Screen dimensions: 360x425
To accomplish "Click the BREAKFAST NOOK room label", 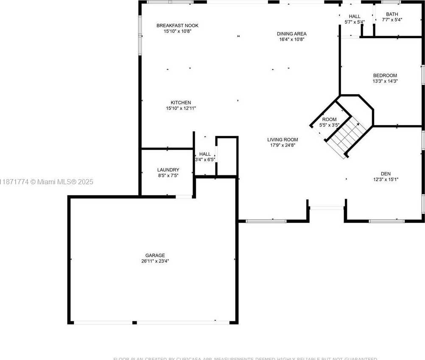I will click(177, 25).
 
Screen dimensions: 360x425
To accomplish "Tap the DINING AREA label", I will click(291, 34).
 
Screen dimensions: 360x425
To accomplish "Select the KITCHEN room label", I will click(181, 102).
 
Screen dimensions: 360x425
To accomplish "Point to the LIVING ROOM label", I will click(282, 139).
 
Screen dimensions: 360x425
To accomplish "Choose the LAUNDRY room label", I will click(168, 169).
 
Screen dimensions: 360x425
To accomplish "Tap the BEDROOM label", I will click(385, 75).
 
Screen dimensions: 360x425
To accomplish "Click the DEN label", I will click(386, 173).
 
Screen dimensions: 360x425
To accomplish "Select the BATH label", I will click(392, 14).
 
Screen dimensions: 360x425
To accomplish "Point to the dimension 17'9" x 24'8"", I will click(282, 145).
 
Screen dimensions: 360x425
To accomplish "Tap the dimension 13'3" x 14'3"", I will click(385, 81).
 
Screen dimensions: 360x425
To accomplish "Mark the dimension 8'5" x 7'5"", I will click(168, 175).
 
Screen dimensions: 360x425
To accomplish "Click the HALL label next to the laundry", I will click(205, 154).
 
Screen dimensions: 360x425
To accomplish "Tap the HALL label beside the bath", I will click(355, 16).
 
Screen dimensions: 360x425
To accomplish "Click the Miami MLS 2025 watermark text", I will click(47, 182).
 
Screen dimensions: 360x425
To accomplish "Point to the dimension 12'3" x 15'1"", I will click(386, 179).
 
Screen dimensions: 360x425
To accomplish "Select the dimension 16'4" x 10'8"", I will click(291, 39).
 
